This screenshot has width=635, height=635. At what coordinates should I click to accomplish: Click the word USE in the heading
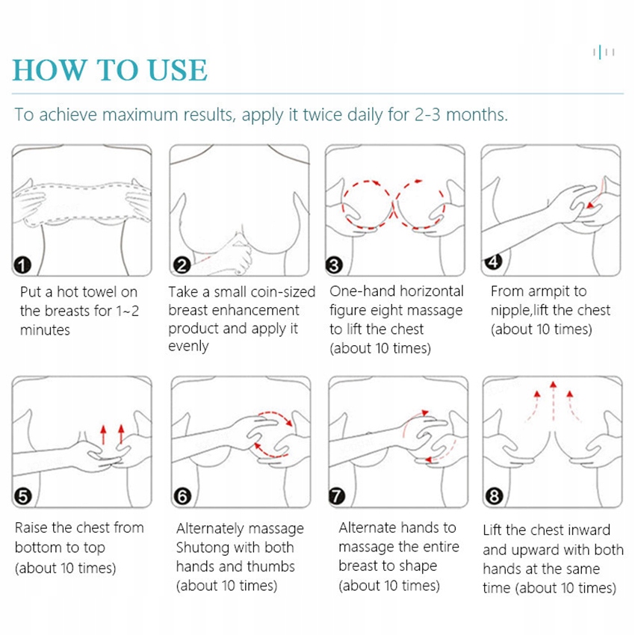[178, 70]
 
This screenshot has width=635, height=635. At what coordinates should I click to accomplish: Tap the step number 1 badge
[22, 265]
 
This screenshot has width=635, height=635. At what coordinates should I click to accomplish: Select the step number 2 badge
[182, 265]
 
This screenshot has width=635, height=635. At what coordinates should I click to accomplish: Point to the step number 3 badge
[334, 265]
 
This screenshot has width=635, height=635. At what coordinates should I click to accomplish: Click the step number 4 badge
[493, 261]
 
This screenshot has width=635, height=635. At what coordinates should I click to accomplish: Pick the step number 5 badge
[22, 496]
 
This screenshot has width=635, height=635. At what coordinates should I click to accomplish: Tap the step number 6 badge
[182, 496]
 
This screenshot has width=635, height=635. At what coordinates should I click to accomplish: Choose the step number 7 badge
[336, 496]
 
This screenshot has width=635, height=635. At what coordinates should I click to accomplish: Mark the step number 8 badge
[494, 496]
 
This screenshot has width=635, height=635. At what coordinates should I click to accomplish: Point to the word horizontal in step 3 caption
[432, 291]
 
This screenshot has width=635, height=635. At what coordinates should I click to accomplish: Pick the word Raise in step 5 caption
[31, 527]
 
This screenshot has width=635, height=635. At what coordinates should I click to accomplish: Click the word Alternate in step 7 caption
[368, 527]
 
